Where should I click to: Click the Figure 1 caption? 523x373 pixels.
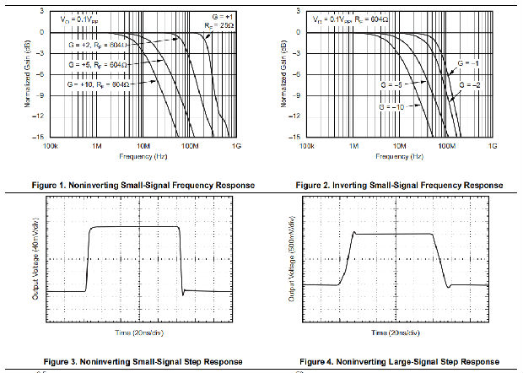point(135,185)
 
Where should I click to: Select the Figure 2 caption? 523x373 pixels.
point(400,185)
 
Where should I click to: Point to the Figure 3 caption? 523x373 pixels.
point(135,360)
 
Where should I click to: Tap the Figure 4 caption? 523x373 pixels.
point(400,360)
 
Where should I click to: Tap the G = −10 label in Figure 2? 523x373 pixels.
point(394,108)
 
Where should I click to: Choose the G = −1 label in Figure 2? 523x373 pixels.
point(470,62)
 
